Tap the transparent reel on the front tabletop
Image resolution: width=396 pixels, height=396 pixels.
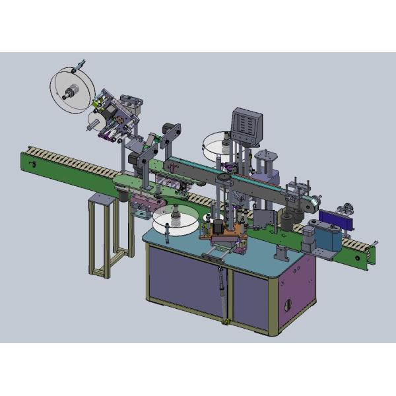[x=176, y=220]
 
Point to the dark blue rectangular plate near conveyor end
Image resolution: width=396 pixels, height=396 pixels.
[x=329, y=214]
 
